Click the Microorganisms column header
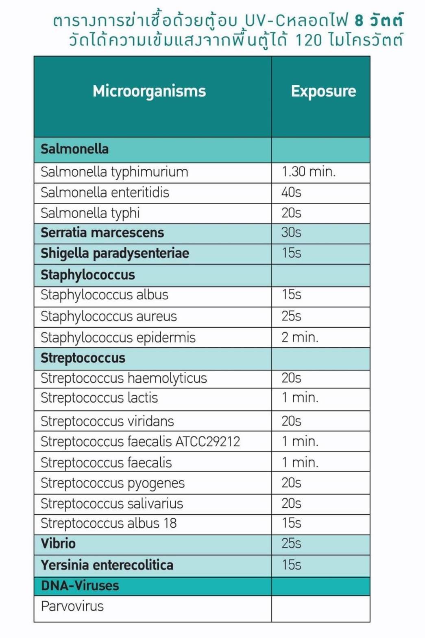[149, 91]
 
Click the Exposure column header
[323, 91]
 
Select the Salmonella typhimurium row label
[114, 172]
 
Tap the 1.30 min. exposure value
[309, 172]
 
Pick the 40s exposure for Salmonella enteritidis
[291, 192]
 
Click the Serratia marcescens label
[102, 232]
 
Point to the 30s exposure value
[291, 232]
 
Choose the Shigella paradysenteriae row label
[115, 253]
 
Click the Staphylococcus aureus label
[109, 316]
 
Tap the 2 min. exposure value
[300, 337]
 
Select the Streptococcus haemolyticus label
[124, 378]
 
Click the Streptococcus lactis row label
[99, 398]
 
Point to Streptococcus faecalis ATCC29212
[140, 441]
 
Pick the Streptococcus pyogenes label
[113, 483]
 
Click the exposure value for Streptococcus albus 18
[291, 523]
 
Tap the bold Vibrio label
[58, 544]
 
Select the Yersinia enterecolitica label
[107, 565]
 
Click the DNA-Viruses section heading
[80, 585]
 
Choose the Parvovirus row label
[72, 606]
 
